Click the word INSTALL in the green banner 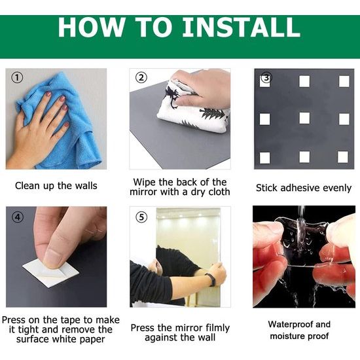[241, 27]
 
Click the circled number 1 [17, 78]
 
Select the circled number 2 [141, 78]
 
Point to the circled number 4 [18, 217]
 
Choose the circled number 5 [141, 217]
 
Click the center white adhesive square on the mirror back [304, 118]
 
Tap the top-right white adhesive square [344, 81]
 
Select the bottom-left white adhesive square [264, 158]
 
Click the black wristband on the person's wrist [211, 279]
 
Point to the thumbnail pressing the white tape [53, 259]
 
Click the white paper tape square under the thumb [51, 272]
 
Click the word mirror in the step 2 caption [143, 192]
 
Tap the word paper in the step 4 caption [92, 340]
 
